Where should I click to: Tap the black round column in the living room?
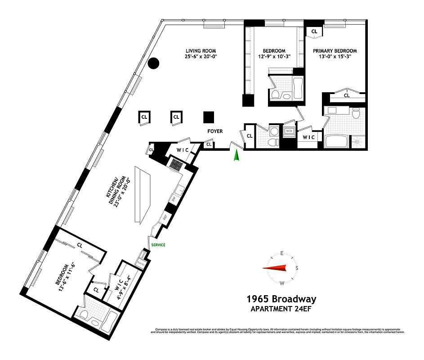(x=154, y=63)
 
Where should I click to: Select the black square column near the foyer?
(x=208, y=117)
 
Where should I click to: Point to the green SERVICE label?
(x=158, y=245)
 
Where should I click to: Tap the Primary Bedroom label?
(x=335, y=51)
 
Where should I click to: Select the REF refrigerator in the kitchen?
(x=165, y=217)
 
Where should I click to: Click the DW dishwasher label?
(x=174, y=198)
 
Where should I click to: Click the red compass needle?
(x=275, y=268)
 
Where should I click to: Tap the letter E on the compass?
(x=282, y=253)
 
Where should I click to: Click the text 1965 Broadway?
(x=281, y=299)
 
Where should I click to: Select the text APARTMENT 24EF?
(x=281, y=309)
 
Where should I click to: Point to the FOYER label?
(x=215, y=131)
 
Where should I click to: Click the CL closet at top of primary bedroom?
(x=314, y=31)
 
